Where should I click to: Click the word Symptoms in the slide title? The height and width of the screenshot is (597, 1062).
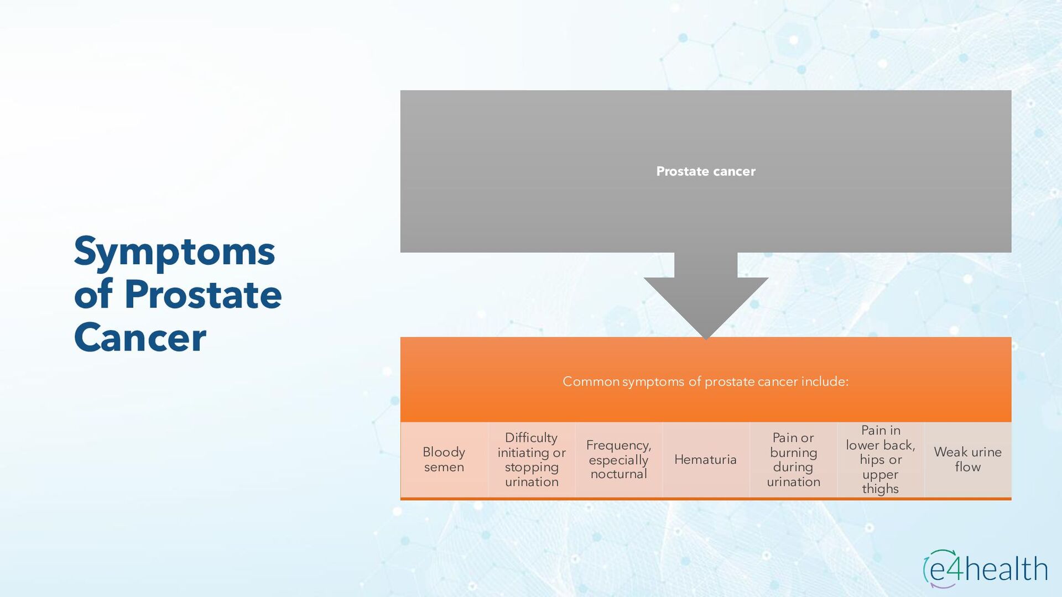pyautogui.click(x=174, y=252)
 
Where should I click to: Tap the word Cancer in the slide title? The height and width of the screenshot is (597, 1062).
pyautogui.click(x=140, y=338)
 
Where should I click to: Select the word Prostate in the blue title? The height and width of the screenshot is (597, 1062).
pyautogui.click(x=203, y=295)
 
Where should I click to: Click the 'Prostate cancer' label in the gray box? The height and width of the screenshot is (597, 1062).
pyautogui.click(x=705, y=171)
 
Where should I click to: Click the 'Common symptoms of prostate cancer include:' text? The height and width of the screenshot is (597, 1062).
pyautogui.click(x=705, y=381)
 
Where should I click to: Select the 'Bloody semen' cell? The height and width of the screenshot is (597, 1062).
pyautogui.click(x=444, y=459)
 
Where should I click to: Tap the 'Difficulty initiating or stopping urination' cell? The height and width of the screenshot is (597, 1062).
pyautogui.click(x=531, y=459)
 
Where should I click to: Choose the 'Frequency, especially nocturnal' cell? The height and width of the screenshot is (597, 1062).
pyautogui.click(x=618, y=459)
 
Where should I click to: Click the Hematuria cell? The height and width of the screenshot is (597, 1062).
pyautogui.click(x=705, y=459)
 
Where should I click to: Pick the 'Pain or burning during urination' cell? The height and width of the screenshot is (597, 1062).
pyautogui.click(x=793, y=459)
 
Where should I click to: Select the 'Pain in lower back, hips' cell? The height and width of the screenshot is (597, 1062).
pyautogui.click(x=881, y=459)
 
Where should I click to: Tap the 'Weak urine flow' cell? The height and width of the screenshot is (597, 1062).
pyautogui.click(x=967, y=459)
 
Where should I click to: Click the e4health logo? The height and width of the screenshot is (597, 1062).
pyautogui.click(x=985, y=569)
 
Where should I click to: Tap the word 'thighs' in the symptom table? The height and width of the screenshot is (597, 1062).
pyautogui.click(x=880, y=489)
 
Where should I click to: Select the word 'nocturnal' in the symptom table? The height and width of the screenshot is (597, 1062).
pyautogui.click(x=618, y=474)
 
